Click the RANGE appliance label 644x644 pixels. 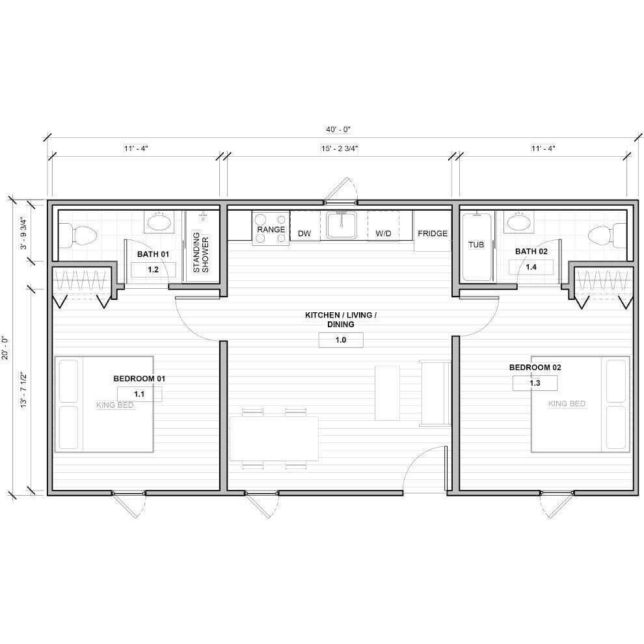(271, 230)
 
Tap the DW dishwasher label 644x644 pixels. (304, 233)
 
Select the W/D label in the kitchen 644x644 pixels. (383, 233)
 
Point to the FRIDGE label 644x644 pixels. (433, 233)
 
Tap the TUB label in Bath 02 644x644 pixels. (477, 245)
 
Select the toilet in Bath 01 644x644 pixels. (78, 233)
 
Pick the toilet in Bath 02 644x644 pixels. (604, 233)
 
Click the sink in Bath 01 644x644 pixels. (159, 222)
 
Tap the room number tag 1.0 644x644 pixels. (341, 340)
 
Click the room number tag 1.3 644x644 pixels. (535, 383)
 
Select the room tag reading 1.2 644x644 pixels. (154, 269)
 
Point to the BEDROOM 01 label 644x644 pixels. (140, 378)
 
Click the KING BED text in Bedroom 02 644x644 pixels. (567, 404)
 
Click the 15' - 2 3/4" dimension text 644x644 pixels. (340, 148)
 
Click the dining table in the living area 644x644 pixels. (274, 438)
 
